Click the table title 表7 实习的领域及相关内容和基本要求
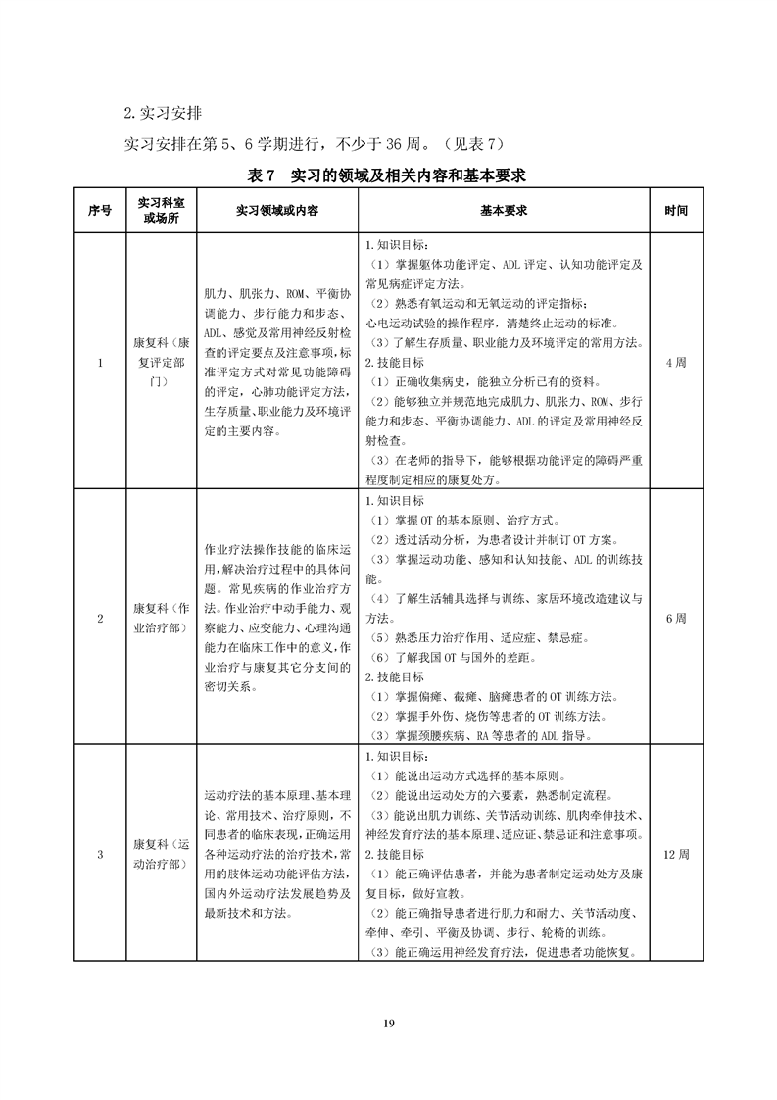click(388, 176)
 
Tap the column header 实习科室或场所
click(162, 210)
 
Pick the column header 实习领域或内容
click(277, 210)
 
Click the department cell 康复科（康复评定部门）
click(162, 363)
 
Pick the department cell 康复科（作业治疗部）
click(162, 619)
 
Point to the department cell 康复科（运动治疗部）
click(162, 854)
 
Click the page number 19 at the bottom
click(388, 1024)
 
